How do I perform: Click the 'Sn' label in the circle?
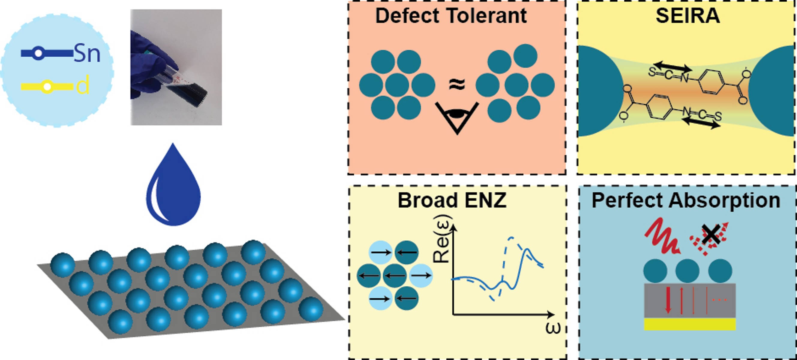pos(87,54)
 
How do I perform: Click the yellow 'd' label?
pos(83,86)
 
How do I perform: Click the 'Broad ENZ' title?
pos(452,200)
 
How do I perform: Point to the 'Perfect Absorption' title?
pos(686,200)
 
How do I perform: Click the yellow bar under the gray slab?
pos(690,324)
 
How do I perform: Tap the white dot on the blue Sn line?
pos(38,53)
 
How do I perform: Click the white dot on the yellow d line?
pos(47,87)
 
